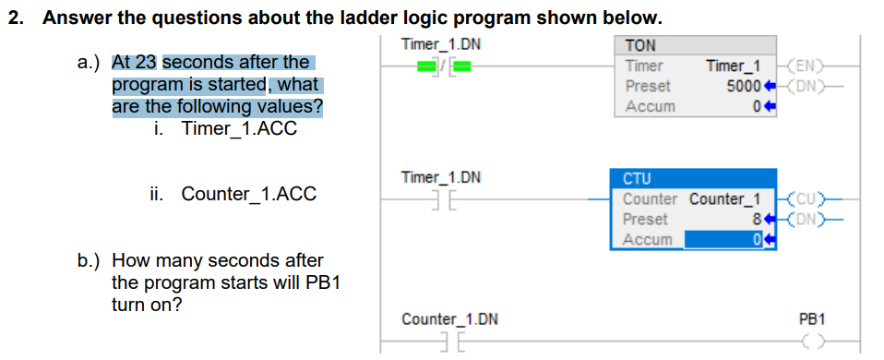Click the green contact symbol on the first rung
[x=441, y=66]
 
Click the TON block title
[x=639, y=45]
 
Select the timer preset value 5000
[x=744, y=86]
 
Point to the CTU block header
[x=637, y=178]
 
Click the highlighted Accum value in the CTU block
[x=756, y=240]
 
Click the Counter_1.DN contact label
[x=449, y=319]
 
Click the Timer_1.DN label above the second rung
[x=441, y=176]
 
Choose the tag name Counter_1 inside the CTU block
[x=725, y=199]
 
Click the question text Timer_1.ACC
[x=239, y=128]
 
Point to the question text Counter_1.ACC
[x=248, y=194]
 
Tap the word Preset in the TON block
[x=648, y=86]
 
